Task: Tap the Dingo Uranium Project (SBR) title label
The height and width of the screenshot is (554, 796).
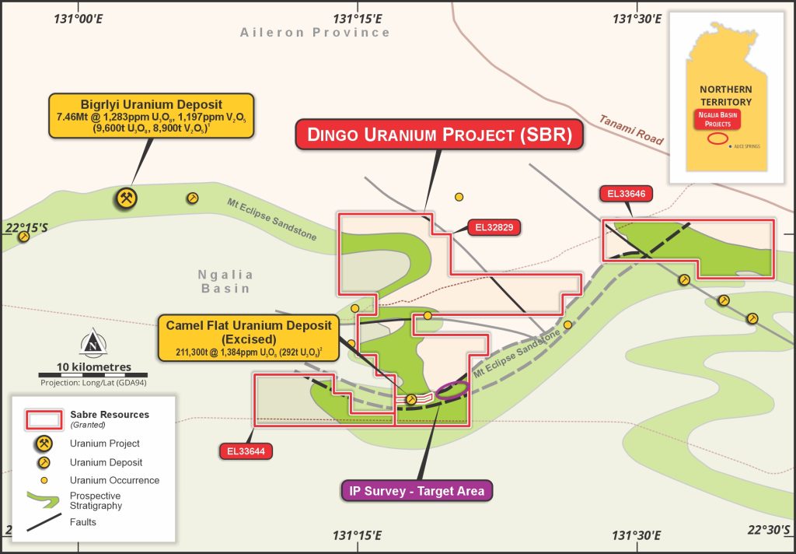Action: [x=440, y=134]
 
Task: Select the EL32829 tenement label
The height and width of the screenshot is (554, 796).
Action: [x=494, y=228]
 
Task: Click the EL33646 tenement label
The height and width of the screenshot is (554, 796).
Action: [x=623, y=194]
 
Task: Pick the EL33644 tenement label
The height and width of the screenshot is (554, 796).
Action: [x=242, y=450]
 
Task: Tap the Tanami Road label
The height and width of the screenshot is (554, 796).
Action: [x=631, y=130]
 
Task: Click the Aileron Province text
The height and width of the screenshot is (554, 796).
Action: [x=315, y=33]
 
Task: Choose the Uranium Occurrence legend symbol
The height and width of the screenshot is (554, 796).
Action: [x=44, y=480]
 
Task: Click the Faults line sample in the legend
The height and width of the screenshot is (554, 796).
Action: [x=44, y=523]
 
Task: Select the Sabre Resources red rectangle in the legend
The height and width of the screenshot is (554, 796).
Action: [x=44, y=419]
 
